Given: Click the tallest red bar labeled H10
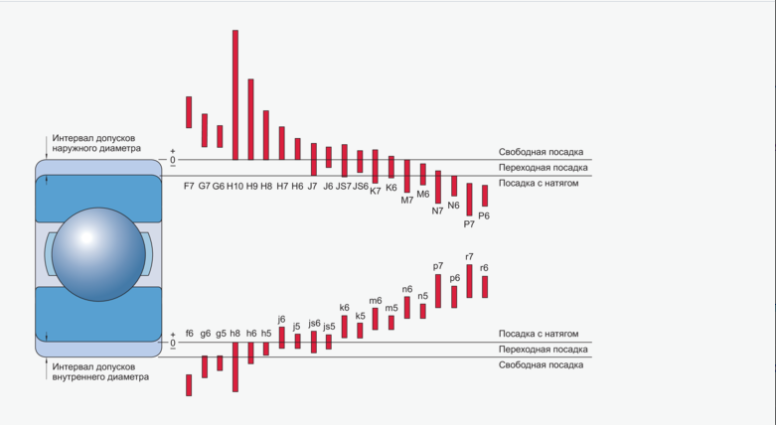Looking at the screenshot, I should (x=235, y=94).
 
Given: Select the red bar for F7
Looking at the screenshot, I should (x=189, y=112).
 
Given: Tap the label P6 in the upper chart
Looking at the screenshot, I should (x=484, y=215).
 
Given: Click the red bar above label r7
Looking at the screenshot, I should (x=469, y=281).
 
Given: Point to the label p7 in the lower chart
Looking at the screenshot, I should (x=438, y=266).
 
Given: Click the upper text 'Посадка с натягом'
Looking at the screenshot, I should (x=539, y=184).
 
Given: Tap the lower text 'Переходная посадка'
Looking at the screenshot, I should (x=541, y=350).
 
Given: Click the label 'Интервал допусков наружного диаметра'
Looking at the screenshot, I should (x=101, y=143).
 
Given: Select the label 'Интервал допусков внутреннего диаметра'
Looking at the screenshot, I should (x=101, y=371).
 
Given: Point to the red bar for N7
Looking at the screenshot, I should (x=438, y=187).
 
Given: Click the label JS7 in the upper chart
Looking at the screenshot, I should (x=344, y=186).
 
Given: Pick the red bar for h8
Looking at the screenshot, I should (x=235, y=367).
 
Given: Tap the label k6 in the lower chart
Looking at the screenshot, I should (x=344, y=308).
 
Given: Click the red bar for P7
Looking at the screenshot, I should (x=469, y=200).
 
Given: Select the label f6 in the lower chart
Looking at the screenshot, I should (x=189, y=334).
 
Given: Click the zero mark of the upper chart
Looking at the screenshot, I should (x=172, y=160).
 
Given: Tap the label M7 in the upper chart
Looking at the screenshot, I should (x=407, y=200).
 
